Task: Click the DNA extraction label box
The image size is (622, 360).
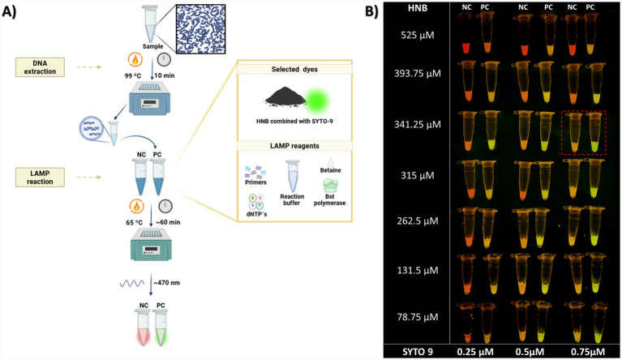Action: coord(40,67)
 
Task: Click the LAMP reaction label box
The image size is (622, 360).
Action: coord(40,178)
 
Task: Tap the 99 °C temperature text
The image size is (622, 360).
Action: coord(133,75)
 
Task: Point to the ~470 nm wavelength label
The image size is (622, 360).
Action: coord(166,283)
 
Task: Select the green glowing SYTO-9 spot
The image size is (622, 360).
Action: coord(317,101)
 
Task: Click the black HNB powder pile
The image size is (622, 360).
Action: coord(285,97)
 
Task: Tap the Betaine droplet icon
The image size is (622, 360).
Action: coord(330,161)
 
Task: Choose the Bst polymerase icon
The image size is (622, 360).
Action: coord(330,186)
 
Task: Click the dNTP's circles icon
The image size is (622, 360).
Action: coord(256,202)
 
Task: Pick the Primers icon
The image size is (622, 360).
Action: coord(255,172)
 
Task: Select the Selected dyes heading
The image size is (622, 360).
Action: coord(294,69)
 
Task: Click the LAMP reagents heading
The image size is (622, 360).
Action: coord(294,146)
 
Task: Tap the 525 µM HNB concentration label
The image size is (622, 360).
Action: coord(418,36)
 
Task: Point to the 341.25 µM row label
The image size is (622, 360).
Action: coord(418,125)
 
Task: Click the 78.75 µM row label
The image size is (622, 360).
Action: coord(418,317)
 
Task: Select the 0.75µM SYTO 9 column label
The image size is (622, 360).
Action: coord(588,352)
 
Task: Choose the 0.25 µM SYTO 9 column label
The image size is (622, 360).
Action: coord(475,352)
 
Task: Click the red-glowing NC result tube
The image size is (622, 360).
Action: coord(143,328)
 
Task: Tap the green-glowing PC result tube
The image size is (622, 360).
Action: coord(161,328)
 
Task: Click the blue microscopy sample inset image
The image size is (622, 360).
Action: coord(201,29)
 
